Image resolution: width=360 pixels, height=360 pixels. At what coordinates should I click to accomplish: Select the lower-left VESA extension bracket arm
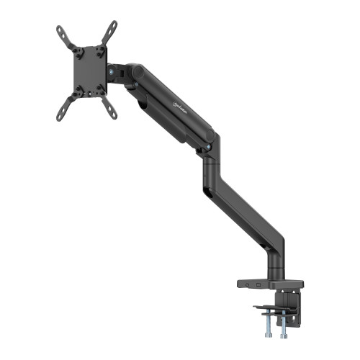[x=67, y=108]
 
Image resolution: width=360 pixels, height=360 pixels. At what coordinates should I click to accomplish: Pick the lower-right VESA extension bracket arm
[x=109, y=107]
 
